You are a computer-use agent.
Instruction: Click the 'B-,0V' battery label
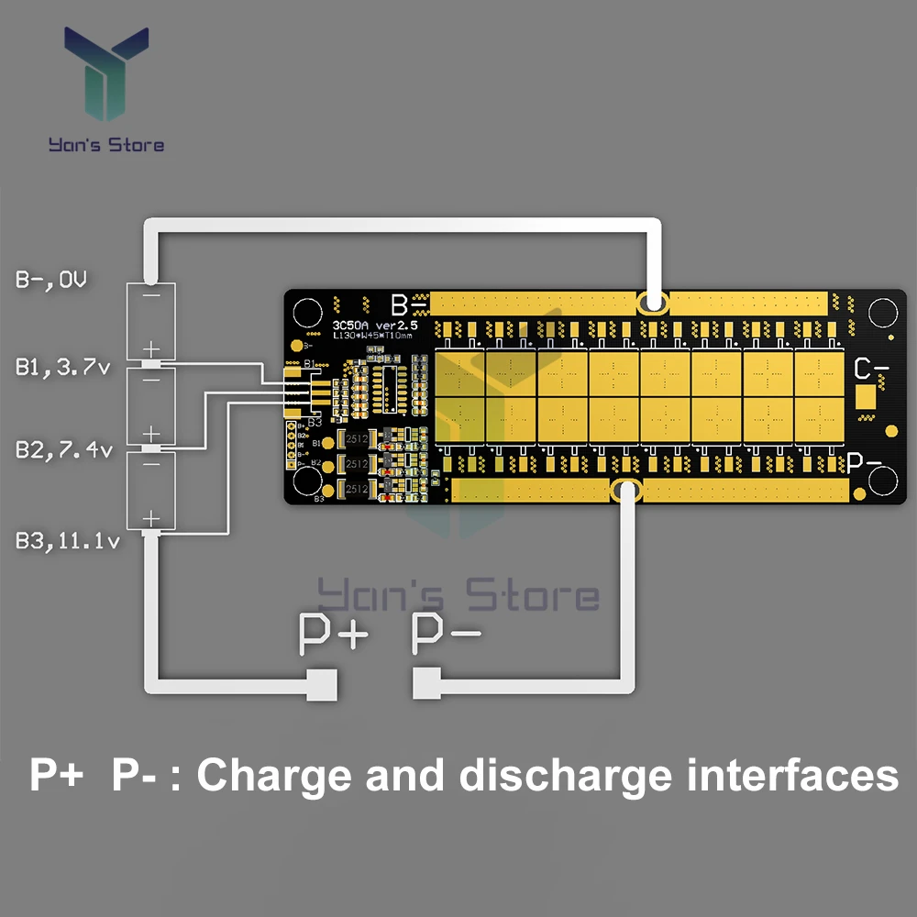[x=50, y=280]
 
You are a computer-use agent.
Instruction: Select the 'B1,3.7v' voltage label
[x=62, y=369]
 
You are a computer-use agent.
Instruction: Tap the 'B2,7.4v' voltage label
[x=62, y=449]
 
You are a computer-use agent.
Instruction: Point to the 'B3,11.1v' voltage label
[x=67, y=541]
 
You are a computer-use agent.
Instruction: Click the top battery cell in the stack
[x=150, y=321]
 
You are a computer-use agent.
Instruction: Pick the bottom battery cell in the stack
[x=150, y=490]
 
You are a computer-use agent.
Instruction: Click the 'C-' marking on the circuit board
[x=870, y=370]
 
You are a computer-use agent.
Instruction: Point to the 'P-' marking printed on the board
[x=864, y=464]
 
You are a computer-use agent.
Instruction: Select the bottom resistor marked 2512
[x=356, y=490]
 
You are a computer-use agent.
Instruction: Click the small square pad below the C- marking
[x=866, y=397]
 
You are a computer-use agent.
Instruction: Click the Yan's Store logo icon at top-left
[x=106, y=77]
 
